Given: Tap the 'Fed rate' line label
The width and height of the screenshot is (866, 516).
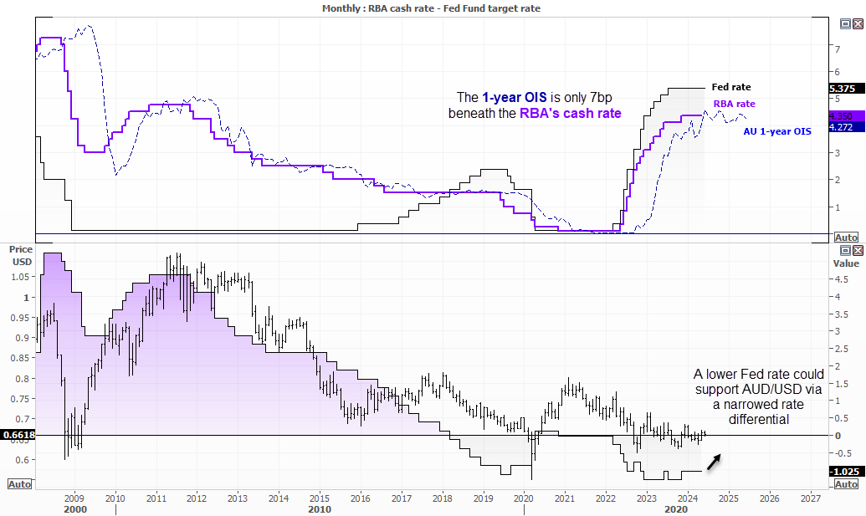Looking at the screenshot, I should pos(730,87).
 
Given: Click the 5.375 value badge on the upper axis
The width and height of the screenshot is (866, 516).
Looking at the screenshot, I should pos(842,88).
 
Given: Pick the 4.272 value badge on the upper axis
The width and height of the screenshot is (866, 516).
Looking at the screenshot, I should pos(842,127).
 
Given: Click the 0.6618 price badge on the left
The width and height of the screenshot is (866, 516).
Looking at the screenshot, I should pos(17,435).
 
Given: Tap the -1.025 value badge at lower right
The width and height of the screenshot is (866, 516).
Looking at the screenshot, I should pos(843,472).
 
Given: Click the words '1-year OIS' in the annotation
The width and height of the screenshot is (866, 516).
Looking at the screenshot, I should pos(515,98).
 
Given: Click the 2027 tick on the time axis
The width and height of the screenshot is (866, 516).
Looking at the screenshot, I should pos(809,497).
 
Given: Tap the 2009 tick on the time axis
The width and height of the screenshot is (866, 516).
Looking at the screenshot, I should pos(74,497).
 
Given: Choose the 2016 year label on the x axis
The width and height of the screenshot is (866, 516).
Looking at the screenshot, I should pos(360,497).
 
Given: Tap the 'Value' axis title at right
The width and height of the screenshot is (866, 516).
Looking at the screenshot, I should pos(846,263).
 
